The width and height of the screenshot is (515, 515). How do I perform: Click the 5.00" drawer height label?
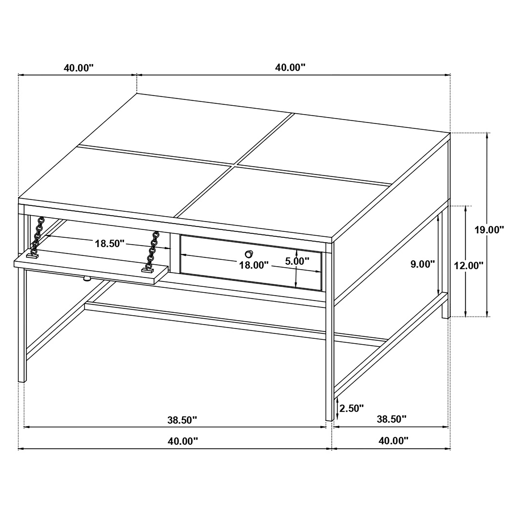[297, 261]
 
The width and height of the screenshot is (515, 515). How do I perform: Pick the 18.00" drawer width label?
[254, 265]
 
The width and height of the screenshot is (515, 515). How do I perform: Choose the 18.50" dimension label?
[110, 243]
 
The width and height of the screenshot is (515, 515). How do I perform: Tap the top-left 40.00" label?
[79, 68]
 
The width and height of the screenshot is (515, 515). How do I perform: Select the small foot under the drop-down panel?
[87, 279]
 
